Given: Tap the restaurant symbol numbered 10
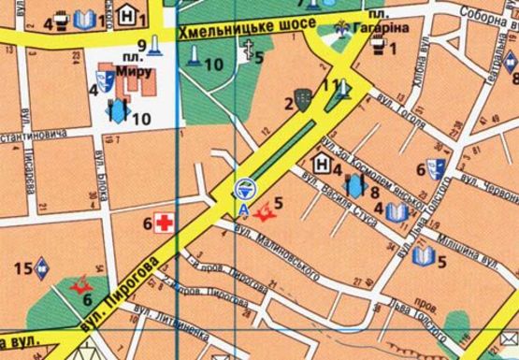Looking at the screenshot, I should [119, 111].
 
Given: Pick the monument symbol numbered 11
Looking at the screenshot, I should [343, 89].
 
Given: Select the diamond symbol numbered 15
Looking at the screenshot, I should [41, 271].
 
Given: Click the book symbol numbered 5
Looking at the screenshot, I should [422, 255].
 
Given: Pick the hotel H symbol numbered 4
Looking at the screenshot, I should [323, 166].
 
